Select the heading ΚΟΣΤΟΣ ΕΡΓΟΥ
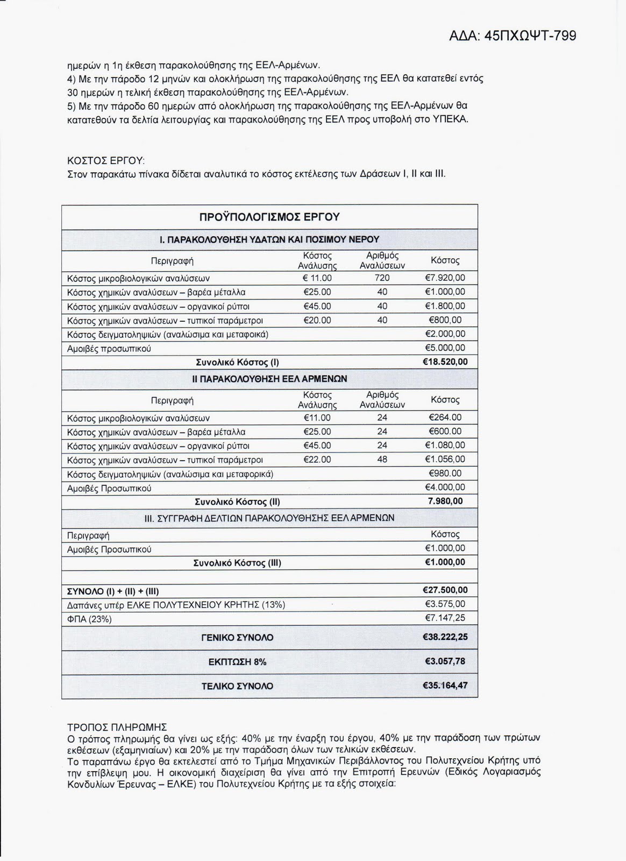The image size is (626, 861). (x=106, y=161)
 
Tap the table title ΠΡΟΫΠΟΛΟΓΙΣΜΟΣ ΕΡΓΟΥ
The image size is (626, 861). (x=269, y=217)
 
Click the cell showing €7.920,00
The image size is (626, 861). (x=445, y=278)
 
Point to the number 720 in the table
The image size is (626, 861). (x=382, y=278)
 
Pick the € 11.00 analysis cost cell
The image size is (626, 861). (x=317, y=278)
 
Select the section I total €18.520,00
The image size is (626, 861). (x=445, y=362)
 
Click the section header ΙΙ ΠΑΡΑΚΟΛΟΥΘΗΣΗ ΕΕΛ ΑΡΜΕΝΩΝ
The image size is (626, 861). (x=269, y=379)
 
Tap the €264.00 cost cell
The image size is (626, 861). (x=445, y=418)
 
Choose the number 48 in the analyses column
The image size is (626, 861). (x=382, y=460)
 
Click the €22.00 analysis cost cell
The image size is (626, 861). (x=317, y=460)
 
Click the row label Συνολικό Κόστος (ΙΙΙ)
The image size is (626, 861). (x=237, y=563)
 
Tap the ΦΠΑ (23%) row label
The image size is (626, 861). (x=89, y=619)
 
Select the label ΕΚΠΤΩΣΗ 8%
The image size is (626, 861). (x=237, y=662)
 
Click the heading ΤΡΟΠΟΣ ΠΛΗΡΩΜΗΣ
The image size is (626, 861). (x=117, y=727)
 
